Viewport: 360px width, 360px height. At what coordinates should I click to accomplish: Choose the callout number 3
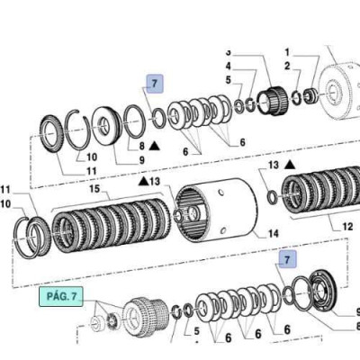point(228,51)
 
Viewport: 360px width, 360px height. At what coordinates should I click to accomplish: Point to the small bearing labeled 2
point(309,94)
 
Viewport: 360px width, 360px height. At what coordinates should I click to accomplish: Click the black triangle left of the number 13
point(142,182)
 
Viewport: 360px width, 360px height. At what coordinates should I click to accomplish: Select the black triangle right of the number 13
point(291,165)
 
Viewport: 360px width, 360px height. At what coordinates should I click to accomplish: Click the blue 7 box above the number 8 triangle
point(155,85)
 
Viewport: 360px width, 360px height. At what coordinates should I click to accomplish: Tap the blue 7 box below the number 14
point(287,259)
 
